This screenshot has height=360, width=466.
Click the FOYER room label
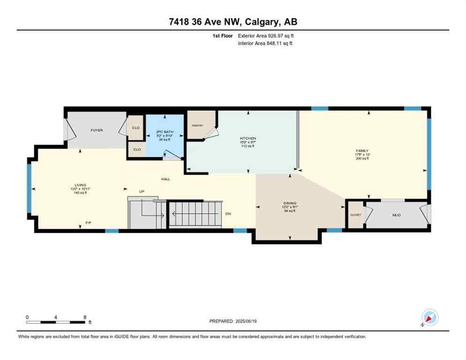click(x=97, y=130)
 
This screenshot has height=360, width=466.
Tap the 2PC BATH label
click(x=165, y=132)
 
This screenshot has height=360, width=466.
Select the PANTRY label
click(x=196, y=126)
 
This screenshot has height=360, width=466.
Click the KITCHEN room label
click(x=248, y=138)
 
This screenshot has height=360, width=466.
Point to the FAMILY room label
click(x=362, y=151)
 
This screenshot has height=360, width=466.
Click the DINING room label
click(x=289, y=203)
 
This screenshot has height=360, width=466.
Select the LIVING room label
click(x=80, y=185)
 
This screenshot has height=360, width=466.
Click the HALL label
click(x=165, y=179)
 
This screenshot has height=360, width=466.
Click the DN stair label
click(x=228, y=214)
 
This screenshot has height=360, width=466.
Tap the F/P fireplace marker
click(x=88, y=223)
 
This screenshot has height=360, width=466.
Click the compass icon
click(x=429, y=317)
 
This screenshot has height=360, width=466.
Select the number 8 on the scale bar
click(x=84, y=317)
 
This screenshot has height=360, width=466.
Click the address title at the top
click(x=233, y=22)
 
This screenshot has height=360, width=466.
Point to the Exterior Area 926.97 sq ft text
click(x=265, y=36)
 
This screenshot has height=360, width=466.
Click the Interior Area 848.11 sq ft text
click(x=266, y=44)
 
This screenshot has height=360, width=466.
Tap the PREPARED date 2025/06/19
click(x=233, y=321)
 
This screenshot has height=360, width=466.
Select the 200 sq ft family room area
click(x=362, y=159)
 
